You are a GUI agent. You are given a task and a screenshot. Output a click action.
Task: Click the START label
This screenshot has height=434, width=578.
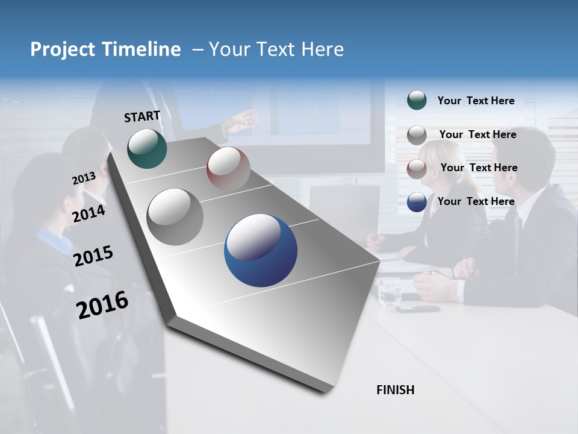[142, 116]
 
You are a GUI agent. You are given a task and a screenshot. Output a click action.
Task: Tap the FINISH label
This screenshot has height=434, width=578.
[396, 390]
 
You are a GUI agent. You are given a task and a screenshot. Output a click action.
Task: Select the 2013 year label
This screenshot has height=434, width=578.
[84, 178]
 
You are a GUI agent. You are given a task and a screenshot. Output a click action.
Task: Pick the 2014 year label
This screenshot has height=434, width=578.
[89, 213]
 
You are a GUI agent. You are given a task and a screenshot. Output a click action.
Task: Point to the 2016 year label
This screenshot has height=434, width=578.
[102, 305]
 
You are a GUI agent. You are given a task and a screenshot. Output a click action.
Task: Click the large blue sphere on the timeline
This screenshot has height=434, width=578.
[261, 250]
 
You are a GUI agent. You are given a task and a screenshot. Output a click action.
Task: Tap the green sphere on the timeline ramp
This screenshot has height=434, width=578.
[147, 148]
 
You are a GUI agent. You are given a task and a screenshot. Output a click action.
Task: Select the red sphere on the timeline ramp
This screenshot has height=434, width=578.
[228, 169]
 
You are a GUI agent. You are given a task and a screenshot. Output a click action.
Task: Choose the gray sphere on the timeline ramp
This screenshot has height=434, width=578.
[175, 217]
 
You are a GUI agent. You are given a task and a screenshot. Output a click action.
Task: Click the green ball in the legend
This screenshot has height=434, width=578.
[417, 100]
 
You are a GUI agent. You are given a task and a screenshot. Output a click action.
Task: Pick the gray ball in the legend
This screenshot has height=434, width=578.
[417, 135]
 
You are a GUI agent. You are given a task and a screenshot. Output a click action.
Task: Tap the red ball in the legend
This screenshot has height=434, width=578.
[417, 168]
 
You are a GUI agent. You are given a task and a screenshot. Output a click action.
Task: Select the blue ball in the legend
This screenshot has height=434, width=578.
[417, 202]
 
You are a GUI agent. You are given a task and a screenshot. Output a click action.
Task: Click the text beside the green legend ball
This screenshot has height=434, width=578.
[476, 101]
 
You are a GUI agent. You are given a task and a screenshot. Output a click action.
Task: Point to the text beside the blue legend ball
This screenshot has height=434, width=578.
[476, 201]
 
